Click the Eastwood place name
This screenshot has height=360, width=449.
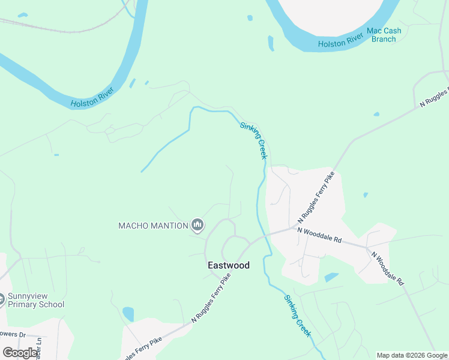(228, 265)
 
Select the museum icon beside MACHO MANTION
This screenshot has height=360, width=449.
(197, 226)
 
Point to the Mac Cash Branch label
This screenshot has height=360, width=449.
(381, 35)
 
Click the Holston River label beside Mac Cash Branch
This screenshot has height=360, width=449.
(340, 41)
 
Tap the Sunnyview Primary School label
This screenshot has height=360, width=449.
(36, 300)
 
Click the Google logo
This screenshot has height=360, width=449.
(20, 352)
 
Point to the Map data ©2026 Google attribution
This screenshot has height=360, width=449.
(411, 355)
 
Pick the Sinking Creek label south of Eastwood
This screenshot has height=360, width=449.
(298, 315)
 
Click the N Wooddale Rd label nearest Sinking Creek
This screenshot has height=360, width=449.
(319, 235)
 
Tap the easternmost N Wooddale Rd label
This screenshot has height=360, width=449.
(388, 268)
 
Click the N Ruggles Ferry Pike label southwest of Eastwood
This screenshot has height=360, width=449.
(211, 299)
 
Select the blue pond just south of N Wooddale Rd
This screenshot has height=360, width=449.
(331, 277)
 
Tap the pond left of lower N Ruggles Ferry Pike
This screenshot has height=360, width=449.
(128, 314)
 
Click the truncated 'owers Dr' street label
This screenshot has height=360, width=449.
(13, 334)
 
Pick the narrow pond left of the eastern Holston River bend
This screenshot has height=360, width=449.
(271, 43)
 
